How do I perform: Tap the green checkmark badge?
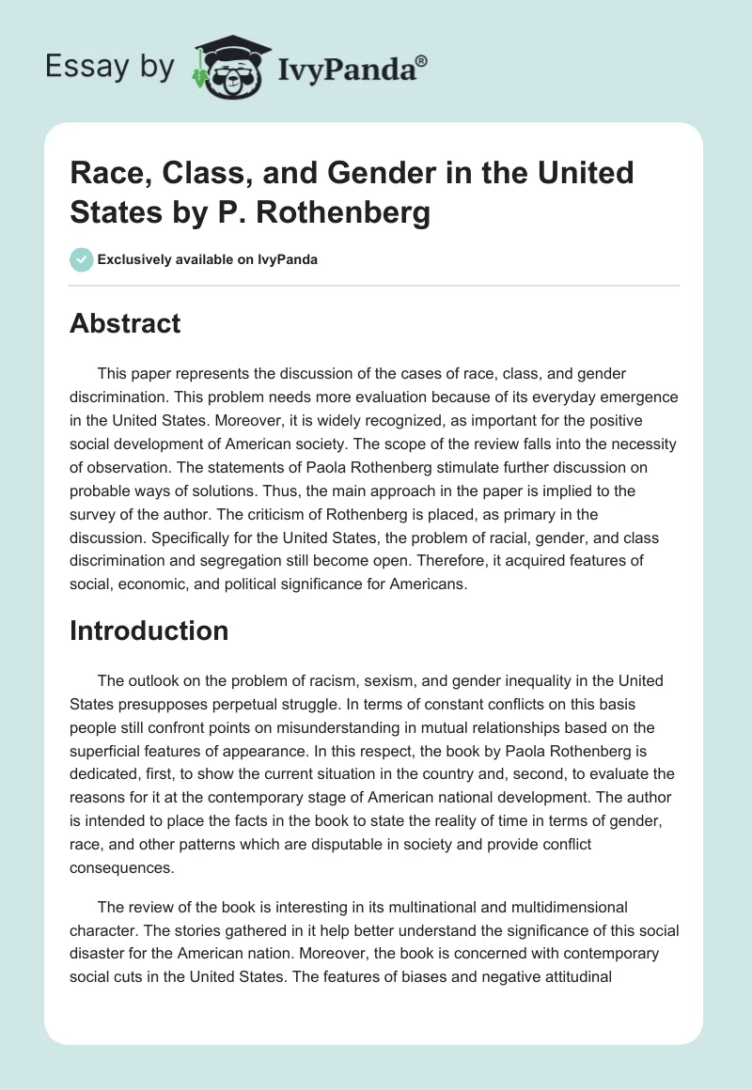tap(82, 259)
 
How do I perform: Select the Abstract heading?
tap(125, 323)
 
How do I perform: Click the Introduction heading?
tap(149, 631)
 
